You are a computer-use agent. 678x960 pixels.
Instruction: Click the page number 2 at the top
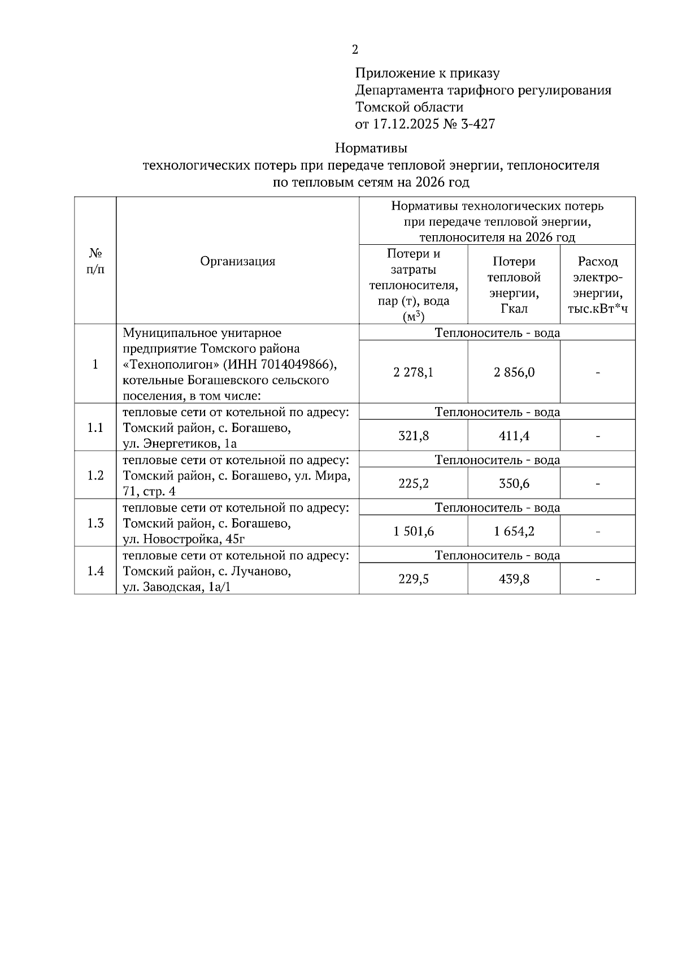(355, 50)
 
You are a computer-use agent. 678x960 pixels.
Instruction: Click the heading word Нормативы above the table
(371, 149)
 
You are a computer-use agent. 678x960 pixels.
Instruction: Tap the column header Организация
(238, 261)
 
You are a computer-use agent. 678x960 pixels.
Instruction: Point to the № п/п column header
(95, 261)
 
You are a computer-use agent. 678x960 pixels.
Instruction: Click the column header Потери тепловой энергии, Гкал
(514, 285)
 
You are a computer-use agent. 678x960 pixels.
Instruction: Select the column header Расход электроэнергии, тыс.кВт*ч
(598, 285)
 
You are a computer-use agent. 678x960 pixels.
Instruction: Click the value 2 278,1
(414, 373)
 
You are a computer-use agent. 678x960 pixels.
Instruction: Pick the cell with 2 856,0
(514, 373)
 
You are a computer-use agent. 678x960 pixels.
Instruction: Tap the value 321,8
(414, 436)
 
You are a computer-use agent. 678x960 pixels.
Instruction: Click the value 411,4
(514, 436)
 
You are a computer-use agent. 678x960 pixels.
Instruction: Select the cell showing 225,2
(414, 484)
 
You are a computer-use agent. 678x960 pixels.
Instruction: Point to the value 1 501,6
(414, 531)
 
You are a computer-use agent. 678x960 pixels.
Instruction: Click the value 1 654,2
(514, 531)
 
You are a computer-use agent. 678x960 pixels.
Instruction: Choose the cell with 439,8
(514, 580)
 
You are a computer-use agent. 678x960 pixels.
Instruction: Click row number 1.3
(95, 524)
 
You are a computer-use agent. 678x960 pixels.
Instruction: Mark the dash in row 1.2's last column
(598, 484)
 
